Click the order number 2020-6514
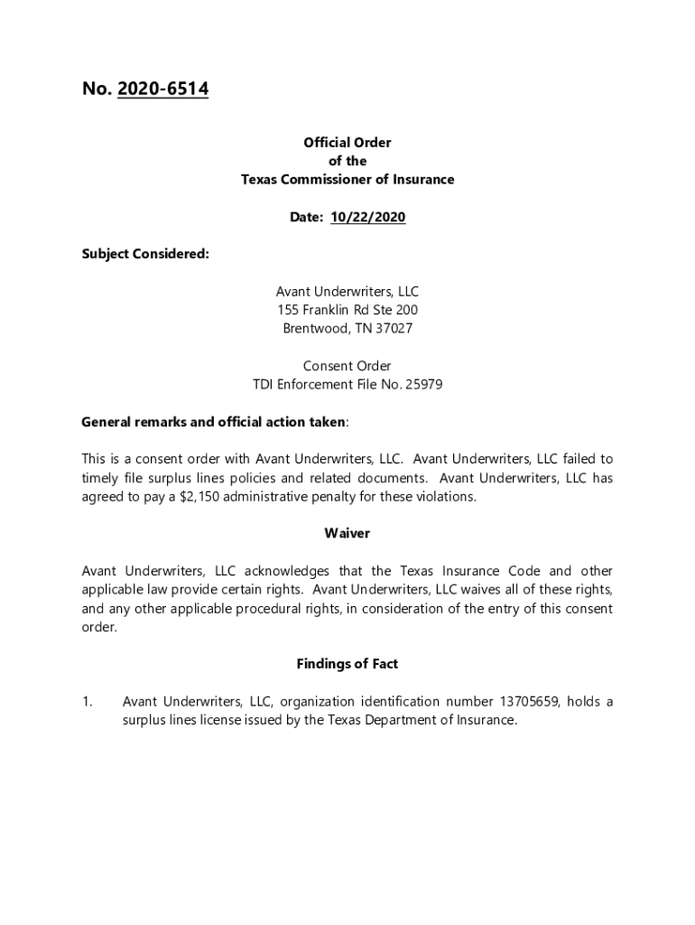[x=162, y=89]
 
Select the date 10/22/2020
[x=368, y=217]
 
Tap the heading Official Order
[x=347, y=143]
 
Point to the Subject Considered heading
[x=145, y=254]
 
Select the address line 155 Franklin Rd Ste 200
[x=347, y=310]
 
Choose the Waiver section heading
[x=347, y=534]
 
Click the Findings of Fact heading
[x=347, y=664]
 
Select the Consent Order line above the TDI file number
[x=347, y=366]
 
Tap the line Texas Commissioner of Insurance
[x=347, y=180]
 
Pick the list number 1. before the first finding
[x=88, y=702]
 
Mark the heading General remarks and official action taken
[x=213, y=422]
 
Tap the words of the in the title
[x=347, y=161]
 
